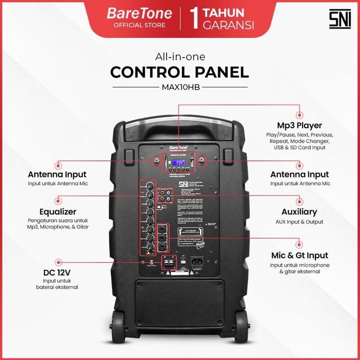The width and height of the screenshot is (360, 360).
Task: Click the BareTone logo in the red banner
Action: (x=139, y=13)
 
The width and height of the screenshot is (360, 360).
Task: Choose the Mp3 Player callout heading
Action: (x=300, y=125)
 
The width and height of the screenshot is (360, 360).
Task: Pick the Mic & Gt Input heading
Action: (x=299, y=255)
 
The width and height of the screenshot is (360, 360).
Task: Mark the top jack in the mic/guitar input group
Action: (x=163, y=230)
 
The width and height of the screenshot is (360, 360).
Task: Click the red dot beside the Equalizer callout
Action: (x=60, y=201)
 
